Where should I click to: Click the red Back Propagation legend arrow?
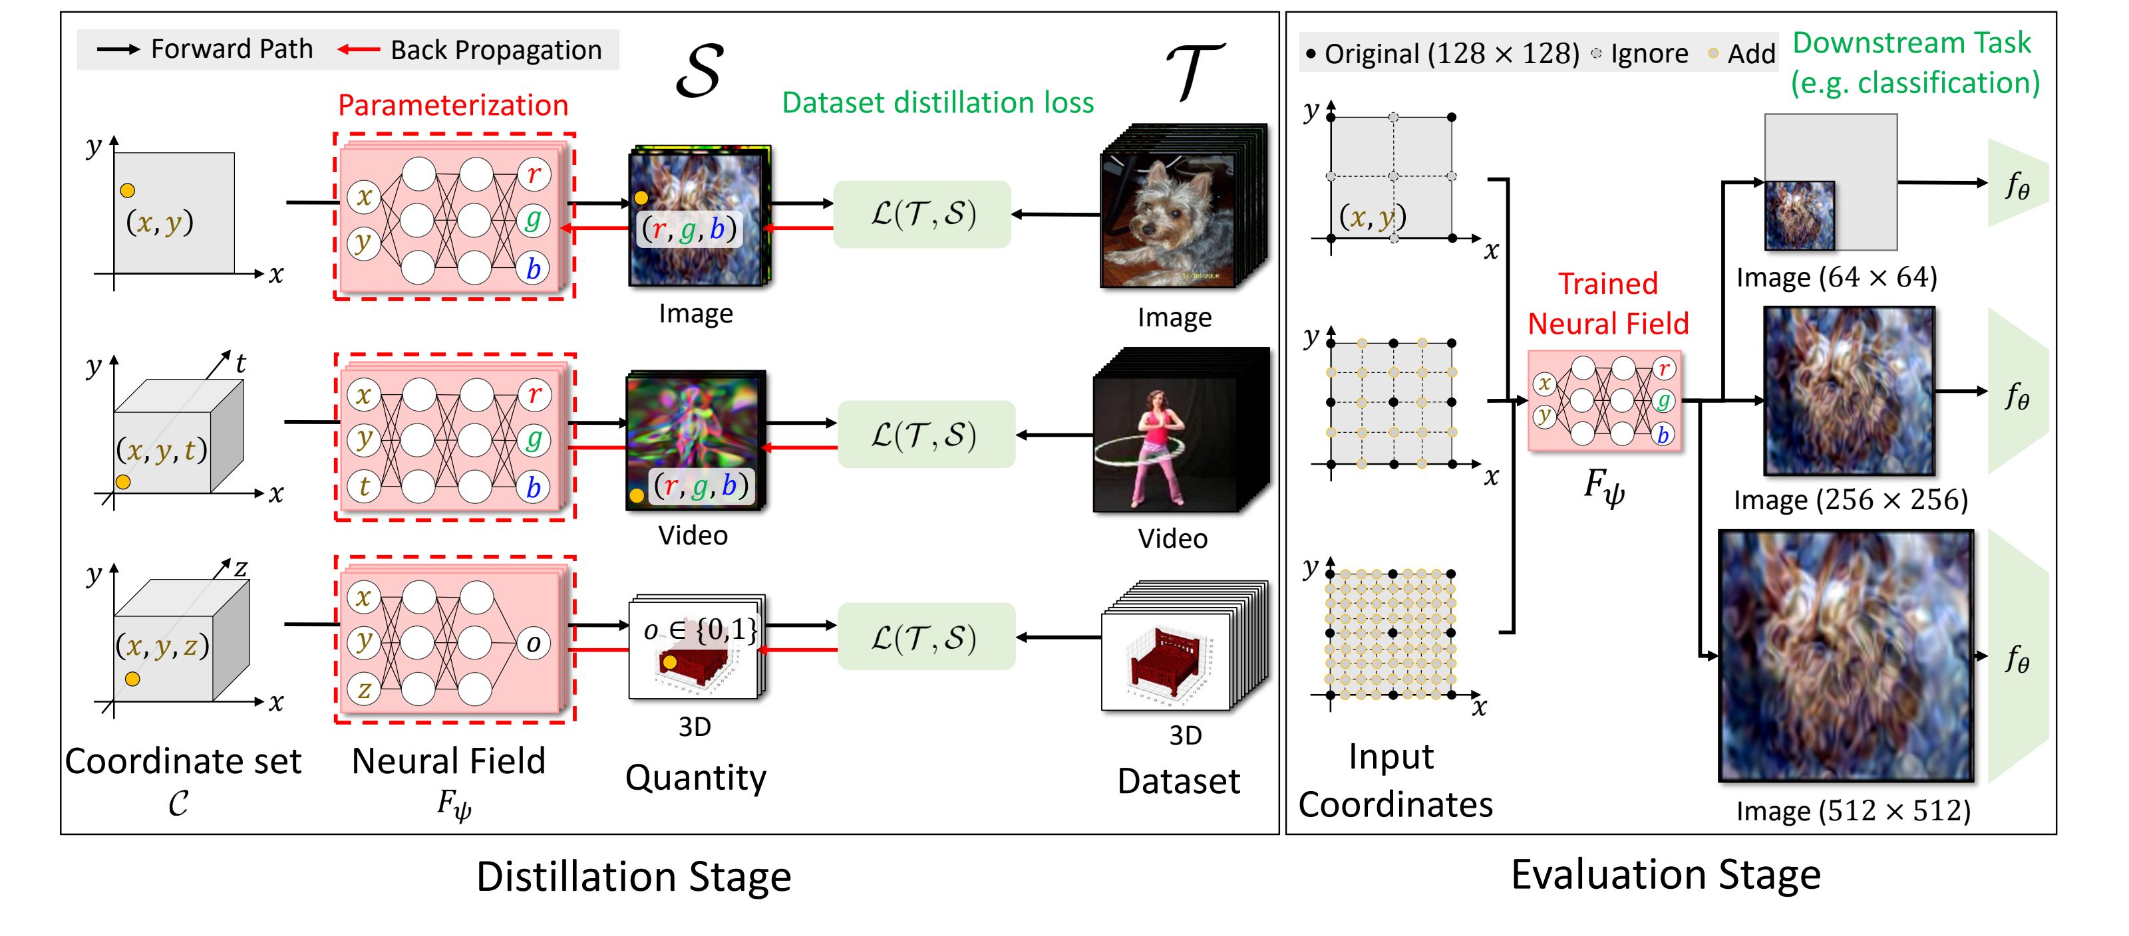359,50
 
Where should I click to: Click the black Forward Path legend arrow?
118,50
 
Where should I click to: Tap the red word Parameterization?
453,105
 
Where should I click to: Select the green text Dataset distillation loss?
937,102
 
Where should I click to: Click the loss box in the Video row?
925,435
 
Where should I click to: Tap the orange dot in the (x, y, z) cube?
132,679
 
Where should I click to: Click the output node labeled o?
533,643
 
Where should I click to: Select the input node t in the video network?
364,486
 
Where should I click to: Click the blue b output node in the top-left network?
533,269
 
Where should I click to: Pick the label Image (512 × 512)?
1852,810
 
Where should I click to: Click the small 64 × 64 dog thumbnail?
1799,215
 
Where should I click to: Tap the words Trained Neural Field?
1607,303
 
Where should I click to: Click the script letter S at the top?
699,72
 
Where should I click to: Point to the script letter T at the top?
1194,71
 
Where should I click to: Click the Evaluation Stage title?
1665,874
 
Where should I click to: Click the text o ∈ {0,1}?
699,630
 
